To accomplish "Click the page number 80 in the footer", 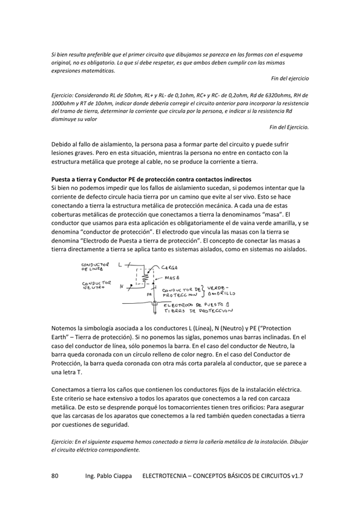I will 55,476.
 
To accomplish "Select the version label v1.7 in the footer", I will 295,476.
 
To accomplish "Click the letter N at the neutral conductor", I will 121,286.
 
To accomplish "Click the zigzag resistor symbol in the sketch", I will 146,277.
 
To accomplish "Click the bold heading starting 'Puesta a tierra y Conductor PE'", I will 151,180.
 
